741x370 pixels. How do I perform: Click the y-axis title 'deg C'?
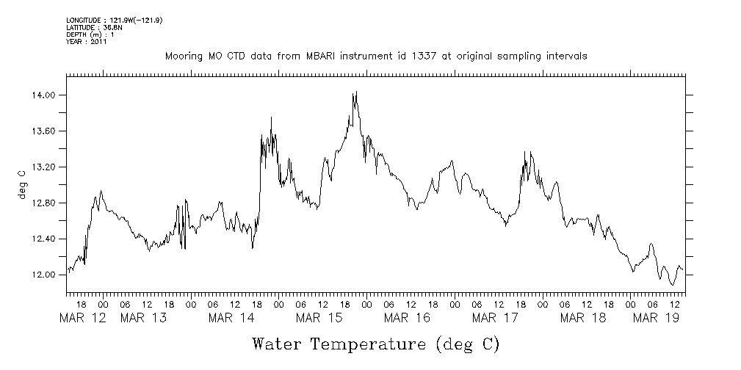tap(21, 184)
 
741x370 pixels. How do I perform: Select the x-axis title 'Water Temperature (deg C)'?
tap(375, 344)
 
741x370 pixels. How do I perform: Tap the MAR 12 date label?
tap(82, 318)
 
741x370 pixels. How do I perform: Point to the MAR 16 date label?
tap(407, 318)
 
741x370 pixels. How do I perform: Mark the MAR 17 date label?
tap(495, 318)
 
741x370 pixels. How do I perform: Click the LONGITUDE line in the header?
tap(114, 20)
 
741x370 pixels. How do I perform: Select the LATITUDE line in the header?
tap(93, 27)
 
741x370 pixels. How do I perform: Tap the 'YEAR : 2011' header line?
tap(87, 42)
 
